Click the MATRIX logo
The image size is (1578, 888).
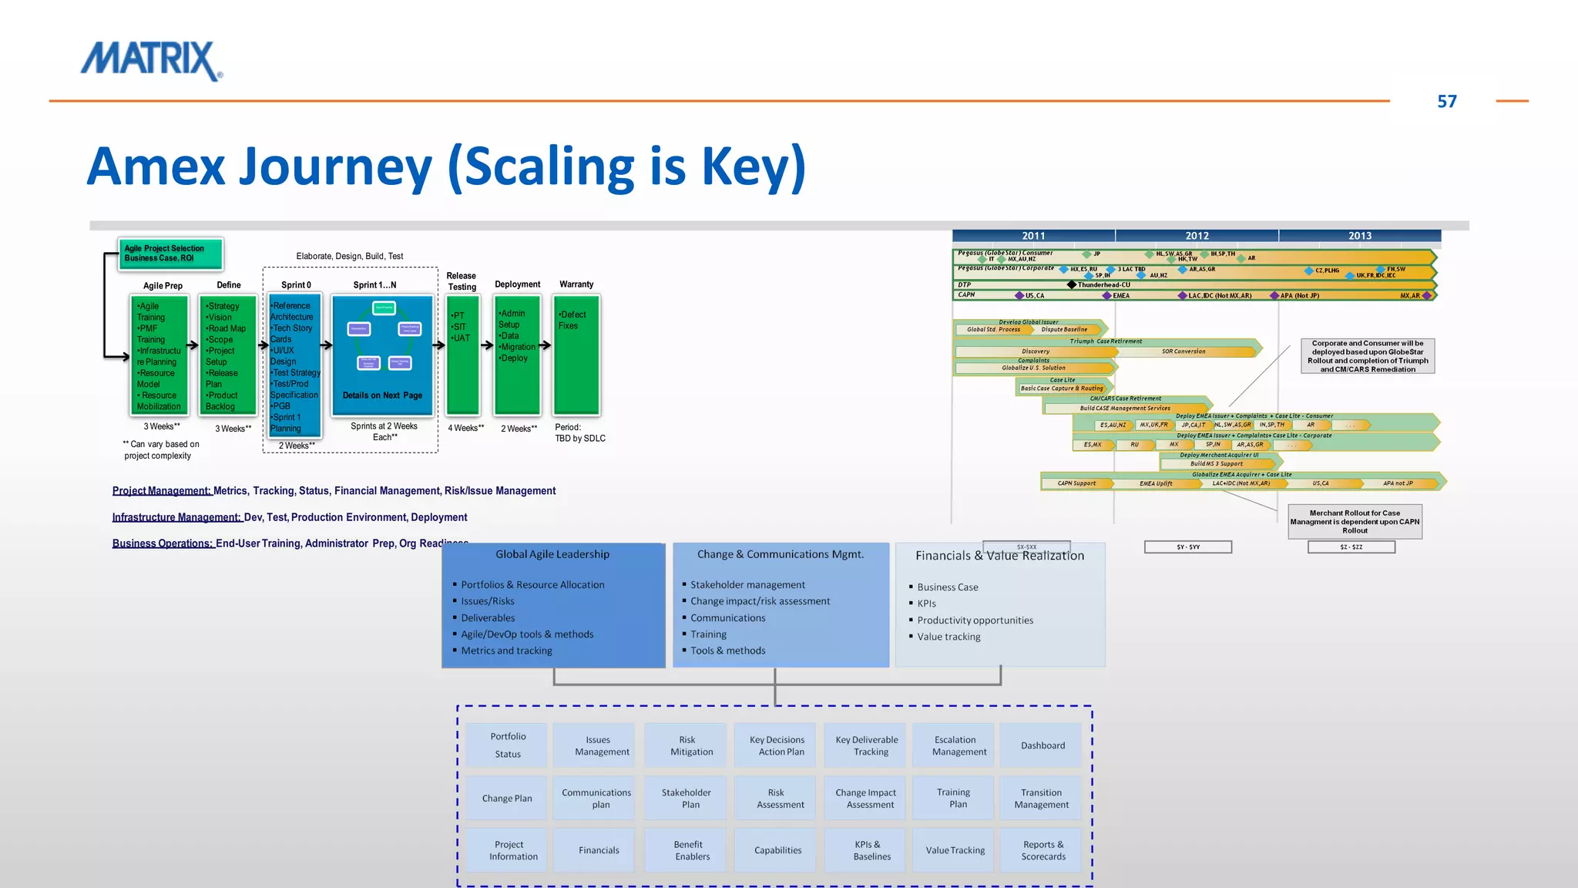pos(152,61)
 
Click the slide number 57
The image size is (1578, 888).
pos(1446,102)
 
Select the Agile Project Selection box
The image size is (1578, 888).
pos(170,254)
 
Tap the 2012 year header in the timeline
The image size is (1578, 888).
pos(1197,236)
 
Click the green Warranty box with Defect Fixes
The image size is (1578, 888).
pos(576,355)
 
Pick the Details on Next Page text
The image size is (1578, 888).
pos(382,395)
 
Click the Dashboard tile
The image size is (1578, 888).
pos(1042,745)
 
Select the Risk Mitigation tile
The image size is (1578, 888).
pos(691,745)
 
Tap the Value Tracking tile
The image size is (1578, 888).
pos(955,850)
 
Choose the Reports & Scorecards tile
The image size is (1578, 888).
pos(1042,850)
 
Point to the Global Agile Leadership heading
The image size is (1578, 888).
pos(552,554)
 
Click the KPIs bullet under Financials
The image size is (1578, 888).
pos(926,604)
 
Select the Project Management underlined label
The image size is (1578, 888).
pos(161,491)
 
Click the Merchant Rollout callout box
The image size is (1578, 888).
pos(1355,522)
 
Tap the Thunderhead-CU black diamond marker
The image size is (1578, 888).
pos(1072,285)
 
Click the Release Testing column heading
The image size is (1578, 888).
pos(462,281)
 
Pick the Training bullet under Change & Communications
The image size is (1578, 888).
pos(708,634)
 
